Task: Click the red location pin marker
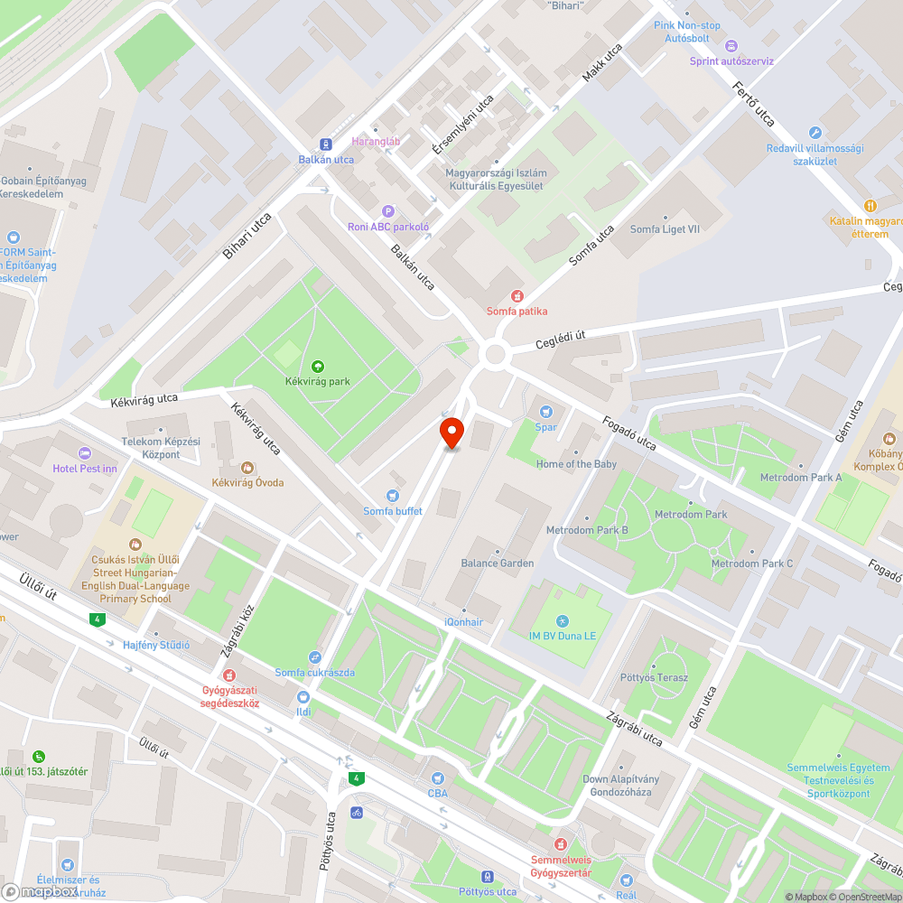click(x=451, y=433)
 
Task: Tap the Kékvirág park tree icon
click(x=318, y=366)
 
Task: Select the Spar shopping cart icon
click(x=545, y=412)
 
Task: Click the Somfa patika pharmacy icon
click(x=517, y=296)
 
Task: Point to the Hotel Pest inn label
click(x=85, y=468)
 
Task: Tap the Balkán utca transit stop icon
click(x=325, y=144)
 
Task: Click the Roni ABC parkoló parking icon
click(x=388, y=211)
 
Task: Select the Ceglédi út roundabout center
click(x=494, y=355)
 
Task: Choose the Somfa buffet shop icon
click(x=392, y=495)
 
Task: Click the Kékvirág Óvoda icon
click(x=247, y=467)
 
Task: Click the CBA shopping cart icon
click(x=438, y=778)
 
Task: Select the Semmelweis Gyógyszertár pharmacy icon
click(x=561, y=844)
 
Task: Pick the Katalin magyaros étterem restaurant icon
click(x=870, y=206)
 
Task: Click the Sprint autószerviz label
click(x=731, y=61)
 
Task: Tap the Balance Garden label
click(x=498, y=563)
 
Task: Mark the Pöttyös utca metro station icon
click(x=487, y=876)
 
